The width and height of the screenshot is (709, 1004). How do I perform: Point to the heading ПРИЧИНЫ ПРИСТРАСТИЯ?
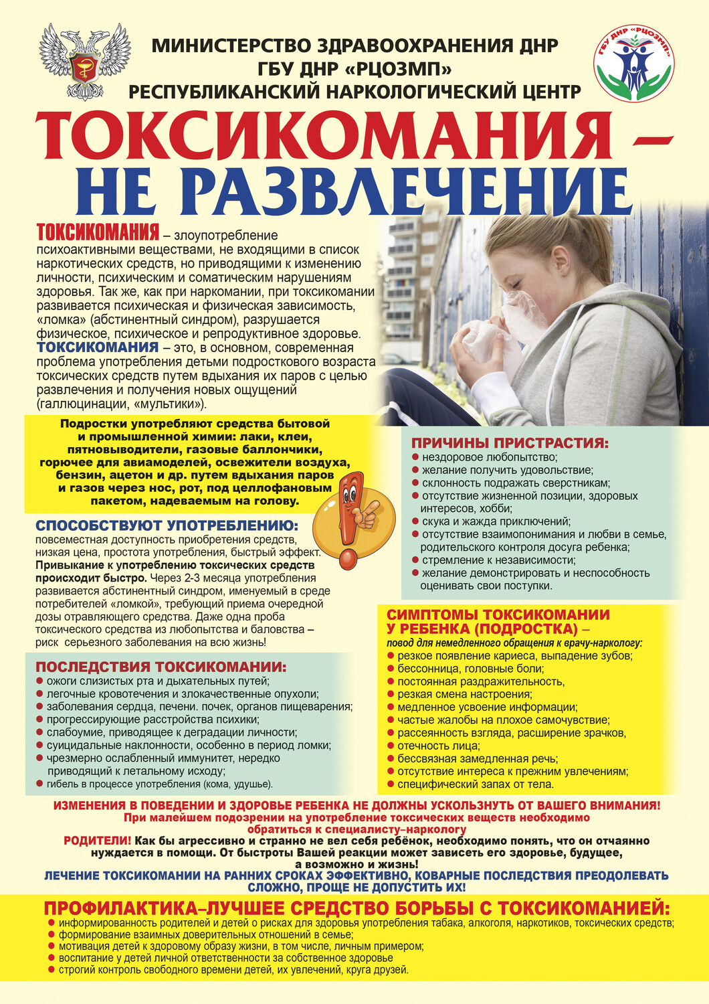[510, 443]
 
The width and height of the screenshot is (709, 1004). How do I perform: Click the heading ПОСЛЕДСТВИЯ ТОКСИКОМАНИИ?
[161, 667]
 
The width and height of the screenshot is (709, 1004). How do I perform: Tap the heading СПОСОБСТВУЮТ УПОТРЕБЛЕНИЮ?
[167, 526]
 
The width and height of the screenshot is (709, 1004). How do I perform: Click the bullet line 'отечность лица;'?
[439, 746]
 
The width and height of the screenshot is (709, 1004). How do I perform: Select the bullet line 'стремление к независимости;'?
[498, 560]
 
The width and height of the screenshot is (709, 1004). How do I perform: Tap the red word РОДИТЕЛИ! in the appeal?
[97, 841]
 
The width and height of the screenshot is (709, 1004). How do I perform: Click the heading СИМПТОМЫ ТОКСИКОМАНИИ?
[498, 615]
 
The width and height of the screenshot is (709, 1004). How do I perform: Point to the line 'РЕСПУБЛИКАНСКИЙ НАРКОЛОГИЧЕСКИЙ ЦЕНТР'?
[354, 91]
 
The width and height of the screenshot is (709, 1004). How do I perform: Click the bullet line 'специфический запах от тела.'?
[476, 784]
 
